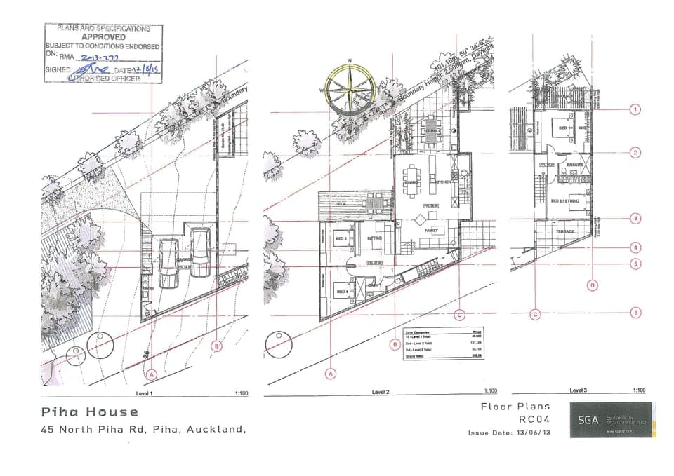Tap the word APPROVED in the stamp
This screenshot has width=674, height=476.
point(103,36)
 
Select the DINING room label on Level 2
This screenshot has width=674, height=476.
point(412,184)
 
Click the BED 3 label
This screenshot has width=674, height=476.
point(341,239)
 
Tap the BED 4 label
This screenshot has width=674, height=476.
point(343,291)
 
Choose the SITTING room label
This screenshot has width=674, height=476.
point(374,238)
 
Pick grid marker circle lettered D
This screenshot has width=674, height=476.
point(593,285)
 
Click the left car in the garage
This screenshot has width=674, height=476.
point(169,263)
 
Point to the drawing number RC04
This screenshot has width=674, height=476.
point(534,419)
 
